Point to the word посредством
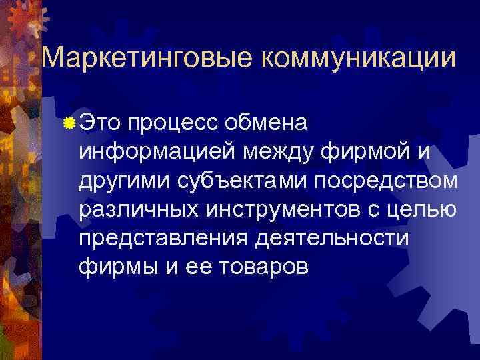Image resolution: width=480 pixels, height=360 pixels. pyautogui.click(x=387, y=181)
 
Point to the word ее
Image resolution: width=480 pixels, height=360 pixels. pyautogui.click(x=192, y=268)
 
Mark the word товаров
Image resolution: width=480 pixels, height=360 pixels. pyautogui.click(x=260, y=268)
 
